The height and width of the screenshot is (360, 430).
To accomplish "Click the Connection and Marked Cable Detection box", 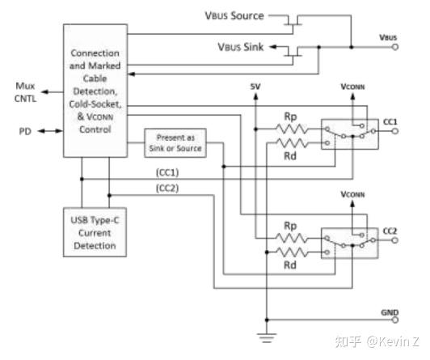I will pos(95,91).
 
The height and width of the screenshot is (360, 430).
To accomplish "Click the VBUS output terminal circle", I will pos(394,46).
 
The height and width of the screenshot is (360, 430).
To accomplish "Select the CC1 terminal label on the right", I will pos(391,121).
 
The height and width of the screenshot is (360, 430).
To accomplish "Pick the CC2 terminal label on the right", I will pos(391,231).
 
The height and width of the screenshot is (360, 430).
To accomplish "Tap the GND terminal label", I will pos(389,311).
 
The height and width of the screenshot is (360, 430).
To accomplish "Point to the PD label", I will pos(25,129).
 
